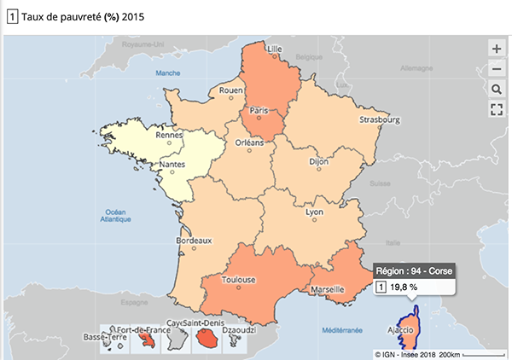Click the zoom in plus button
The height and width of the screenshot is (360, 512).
click(x=497, y=49)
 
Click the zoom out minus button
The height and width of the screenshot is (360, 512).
click(x=497, y=69)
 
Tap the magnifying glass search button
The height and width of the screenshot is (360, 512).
click(x=497, y=89)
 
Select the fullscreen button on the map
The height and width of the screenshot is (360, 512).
click(x=497, y=108)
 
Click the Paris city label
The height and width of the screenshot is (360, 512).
click(x=259, y=110)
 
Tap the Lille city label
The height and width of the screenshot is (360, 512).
click(x=275, y=49)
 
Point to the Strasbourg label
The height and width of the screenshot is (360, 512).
click(x=380, y=119)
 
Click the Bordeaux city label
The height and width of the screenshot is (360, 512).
click(x=193, y=241)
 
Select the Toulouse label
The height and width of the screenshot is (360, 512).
click(x=239, y=279)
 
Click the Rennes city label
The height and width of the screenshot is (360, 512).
click(x=171, y=134)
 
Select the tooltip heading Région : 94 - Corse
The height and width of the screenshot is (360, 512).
click(x=414, y=270)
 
